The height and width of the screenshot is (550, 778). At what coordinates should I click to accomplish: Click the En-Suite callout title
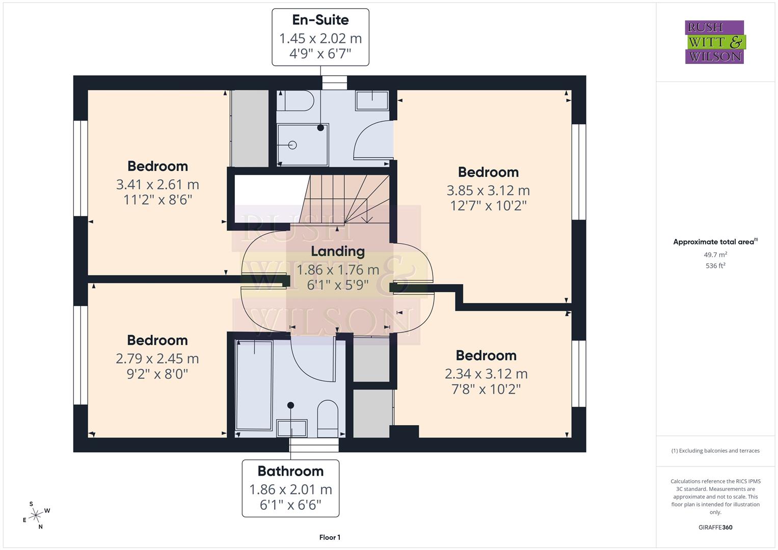click(320, 20)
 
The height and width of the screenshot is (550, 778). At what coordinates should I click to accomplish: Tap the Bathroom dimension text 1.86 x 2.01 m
click(290, 489)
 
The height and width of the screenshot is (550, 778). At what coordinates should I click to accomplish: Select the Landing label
click(338, 251)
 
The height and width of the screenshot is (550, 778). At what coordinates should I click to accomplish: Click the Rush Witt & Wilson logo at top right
click(715, 42)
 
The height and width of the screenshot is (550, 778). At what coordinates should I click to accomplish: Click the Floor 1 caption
click(330, 537)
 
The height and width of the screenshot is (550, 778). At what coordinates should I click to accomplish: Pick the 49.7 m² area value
click(715, 255)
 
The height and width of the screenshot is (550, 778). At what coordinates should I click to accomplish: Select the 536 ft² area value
click(715, 266)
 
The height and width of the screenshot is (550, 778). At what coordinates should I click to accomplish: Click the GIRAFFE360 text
click(715, 527)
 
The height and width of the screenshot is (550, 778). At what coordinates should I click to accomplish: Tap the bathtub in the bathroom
click(254, 386)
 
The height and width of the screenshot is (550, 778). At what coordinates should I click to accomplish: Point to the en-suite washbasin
click(372, 100)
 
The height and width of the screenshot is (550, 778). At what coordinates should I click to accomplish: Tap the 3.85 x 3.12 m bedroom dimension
click(488, 190)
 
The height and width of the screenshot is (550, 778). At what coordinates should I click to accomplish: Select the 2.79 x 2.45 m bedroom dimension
click(157, 359)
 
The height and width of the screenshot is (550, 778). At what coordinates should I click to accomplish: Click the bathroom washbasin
click(291, 428)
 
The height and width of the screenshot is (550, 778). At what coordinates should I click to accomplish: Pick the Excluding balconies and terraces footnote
click(715, 451)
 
